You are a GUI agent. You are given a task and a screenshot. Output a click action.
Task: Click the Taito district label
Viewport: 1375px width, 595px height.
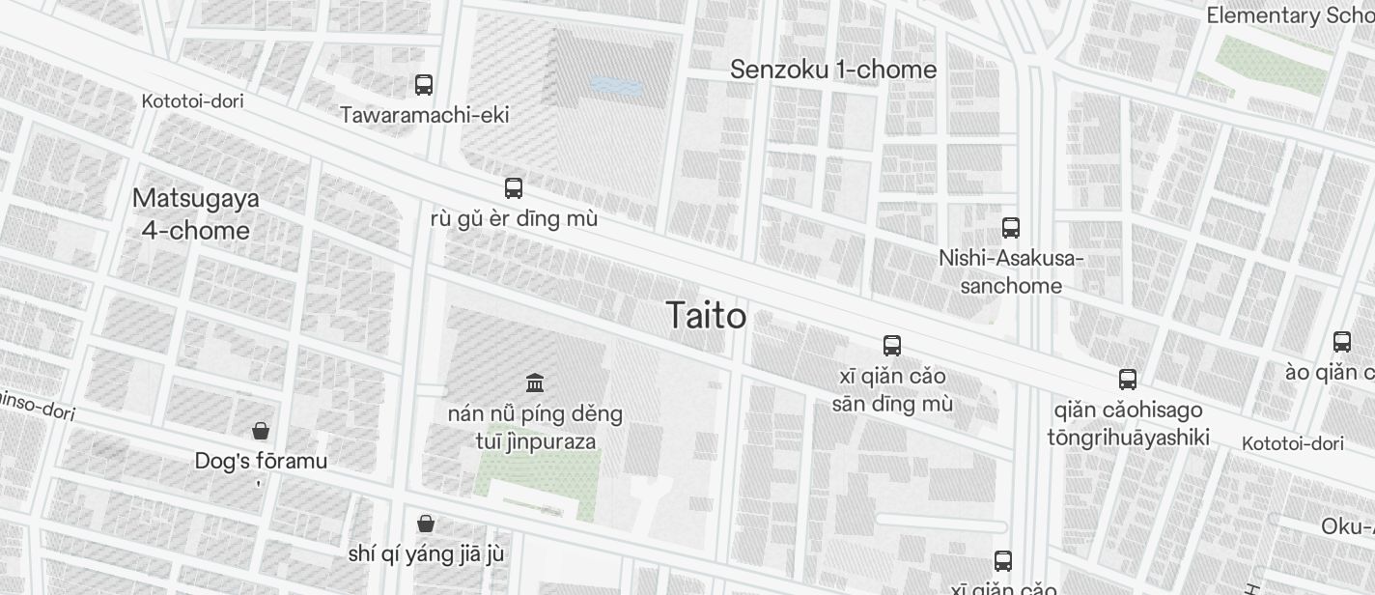pos(706,316)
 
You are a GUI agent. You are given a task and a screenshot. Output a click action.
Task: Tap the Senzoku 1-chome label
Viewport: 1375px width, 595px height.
pos(833,70)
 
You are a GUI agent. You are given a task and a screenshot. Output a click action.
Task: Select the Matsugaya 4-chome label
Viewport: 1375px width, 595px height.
pos(196,214)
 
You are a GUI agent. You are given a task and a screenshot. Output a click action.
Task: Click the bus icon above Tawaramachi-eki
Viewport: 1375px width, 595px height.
pos(424,85)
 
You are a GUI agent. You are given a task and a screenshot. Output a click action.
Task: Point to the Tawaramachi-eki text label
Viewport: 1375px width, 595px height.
pos(424,115)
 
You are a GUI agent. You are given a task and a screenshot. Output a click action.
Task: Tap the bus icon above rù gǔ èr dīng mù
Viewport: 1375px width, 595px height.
pos(514,188)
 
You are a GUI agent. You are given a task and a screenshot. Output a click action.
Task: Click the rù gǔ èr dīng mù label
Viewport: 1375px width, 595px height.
pos(514,218)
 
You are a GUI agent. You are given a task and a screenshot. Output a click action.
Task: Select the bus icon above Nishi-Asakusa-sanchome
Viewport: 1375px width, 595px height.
pos(1011,228)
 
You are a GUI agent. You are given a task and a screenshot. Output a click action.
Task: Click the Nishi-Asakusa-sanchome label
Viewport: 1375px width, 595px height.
pos(1011,272)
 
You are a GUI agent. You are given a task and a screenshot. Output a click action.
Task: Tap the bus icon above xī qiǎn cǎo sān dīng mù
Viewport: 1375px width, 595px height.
pos(892,346)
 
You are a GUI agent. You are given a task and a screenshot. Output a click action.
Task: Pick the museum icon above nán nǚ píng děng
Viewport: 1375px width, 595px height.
pos(535,383)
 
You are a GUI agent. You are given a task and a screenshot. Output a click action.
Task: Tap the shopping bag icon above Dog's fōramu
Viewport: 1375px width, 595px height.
pos(260,431)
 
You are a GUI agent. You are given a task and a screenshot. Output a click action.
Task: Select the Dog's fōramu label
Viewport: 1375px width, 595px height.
pos(261,461)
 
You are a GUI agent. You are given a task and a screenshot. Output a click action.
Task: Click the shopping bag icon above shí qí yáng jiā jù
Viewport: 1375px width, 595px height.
pos(426,524)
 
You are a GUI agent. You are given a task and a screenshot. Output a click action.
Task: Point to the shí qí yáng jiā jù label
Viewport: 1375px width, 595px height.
pos(426,554)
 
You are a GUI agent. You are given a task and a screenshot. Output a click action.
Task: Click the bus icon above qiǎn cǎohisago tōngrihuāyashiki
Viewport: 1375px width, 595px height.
pos(1128,380)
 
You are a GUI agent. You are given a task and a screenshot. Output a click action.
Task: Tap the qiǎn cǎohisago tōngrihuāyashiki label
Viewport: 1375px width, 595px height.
pos(1128,424)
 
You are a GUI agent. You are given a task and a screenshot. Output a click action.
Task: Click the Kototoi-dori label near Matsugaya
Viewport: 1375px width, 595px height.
pos(192,101)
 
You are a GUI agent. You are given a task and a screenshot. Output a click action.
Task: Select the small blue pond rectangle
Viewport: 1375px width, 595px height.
pos(615,86)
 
